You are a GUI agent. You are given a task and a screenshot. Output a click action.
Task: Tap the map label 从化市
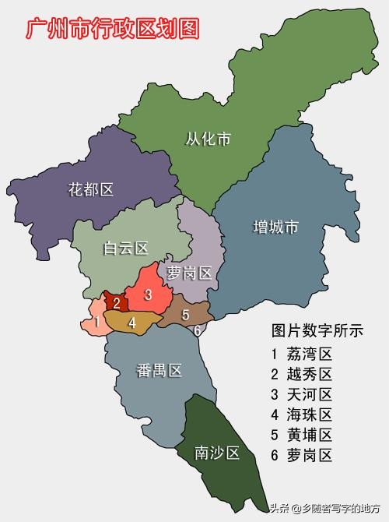(x=208, y=140)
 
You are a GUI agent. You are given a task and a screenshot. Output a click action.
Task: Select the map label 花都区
(x=91, y=189)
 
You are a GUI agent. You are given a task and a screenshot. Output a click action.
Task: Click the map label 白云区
(x=126, y=249)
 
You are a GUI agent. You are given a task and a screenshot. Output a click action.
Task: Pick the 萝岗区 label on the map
(x=189, y=273)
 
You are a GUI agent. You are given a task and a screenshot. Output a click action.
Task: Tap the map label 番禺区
(x=159, y=371)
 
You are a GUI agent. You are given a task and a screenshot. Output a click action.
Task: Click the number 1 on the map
(x=95, y=322)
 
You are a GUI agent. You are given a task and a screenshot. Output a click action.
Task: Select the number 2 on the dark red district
(x=117, y=303)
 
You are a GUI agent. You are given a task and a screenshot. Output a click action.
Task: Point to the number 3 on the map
(x=148, y=295)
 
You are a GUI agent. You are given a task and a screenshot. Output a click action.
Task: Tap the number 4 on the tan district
(x=132, y=321)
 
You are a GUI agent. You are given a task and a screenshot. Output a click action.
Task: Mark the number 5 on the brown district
(x=185, y=315)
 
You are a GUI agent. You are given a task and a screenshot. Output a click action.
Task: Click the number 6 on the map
(x=198, y=330)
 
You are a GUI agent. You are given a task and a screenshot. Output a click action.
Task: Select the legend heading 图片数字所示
(x=317, y=330)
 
